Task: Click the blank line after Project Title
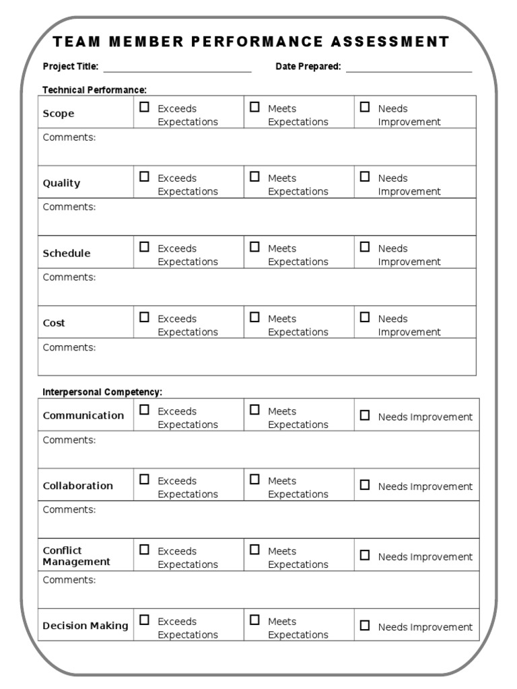[x=177, y=69]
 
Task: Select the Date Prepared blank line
[x=409, y=69]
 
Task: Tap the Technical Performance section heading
[x=94, y=89]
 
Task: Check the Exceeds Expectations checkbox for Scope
[x=144, y=107]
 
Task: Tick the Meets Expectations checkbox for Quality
[x=254, y=177]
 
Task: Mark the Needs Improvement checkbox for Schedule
[x=365, y=247]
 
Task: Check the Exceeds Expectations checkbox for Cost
[x=144, y=317]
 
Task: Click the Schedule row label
[x=66, y=254]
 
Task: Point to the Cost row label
[x=54, y=324]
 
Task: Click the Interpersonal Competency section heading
[x=102, y=392]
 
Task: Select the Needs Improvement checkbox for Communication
[x=365, y=416]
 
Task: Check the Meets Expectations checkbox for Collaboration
[x=254, y=480]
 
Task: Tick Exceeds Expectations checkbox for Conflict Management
[x=144, y=550]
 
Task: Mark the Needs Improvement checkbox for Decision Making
[x=365, y=626]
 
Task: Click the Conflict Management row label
[x=76, y=556]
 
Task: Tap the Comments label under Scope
[x=69, y=137]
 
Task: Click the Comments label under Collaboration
[x=69, y=509]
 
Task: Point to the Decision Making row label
[x=85, y=626]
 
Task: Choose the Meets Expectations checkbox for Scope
[x=254, y=107]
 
